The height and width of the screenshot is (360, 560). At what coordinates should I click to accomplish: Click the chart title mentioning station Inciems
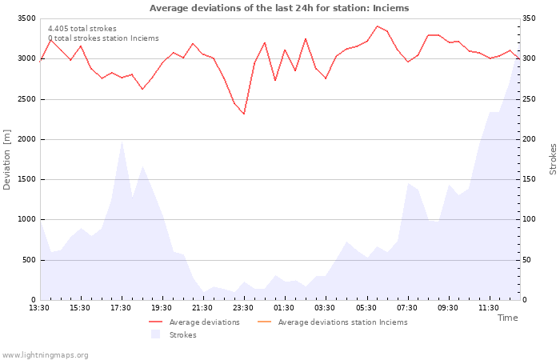[x=279, y=8]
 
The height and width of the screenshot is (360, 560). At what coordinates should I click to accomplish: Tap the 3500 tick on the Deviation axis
[x=26, y=18]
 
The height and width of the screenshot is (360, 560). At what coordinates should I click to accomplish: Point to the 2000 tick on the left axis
[x=26, y=139]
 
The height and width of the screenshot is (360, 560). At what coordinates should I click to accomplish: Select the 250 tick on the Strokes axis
[x=530, y=99]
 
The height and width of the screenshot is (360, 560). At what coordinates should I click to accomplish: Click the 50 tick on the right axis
[x=527, y=260]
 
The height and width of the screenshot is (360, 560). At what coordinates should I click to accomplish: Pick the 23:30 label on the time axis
[x=243, y=308]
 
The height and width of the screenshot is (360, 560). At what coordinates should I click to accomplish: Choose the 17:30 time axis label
[x=121, y=308]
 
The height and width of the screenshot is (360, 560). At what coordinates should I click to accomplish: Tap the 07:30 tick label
[x=406, y=308]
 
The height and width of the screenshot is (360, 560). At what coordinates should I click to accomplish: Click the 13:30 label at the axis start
[x=39, y=308]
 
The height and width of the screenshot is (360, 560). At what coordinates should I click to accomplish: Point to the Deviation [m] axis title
[x=6, y=160]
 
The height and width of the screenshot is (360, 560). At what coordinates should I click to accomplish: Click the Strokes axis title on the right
[x=553, y=159]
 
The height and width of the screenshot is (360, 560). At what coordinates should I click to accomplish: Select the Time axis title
[x=507, y=318]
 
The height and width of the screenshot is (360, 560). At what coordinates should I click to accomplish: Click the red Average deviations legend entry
[x=194, y=322]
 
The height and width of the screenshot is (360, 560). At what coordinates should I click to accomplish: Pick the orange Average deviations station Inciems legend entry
[x=332, y=322]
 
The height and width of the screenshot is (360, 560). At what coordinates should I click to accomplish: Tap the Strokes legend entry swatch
[x=155, y=334]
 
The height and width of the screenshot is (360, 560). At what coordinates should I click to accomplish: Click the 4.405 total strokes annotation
[x=82, y=29]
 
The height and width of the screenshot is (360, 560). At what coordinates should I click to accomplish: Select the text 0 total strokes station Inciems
[x=103, y=38]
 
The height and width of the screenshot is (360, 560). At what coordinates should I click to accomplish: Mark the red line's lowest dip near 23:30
[x=244, y=114]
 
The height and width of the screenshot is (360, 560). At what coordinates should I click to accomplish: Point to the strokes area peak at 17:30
[x=122, y=141]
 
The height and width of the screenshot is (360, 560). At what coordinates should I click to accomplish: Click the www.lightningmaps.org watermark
[x=45, y=355]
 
